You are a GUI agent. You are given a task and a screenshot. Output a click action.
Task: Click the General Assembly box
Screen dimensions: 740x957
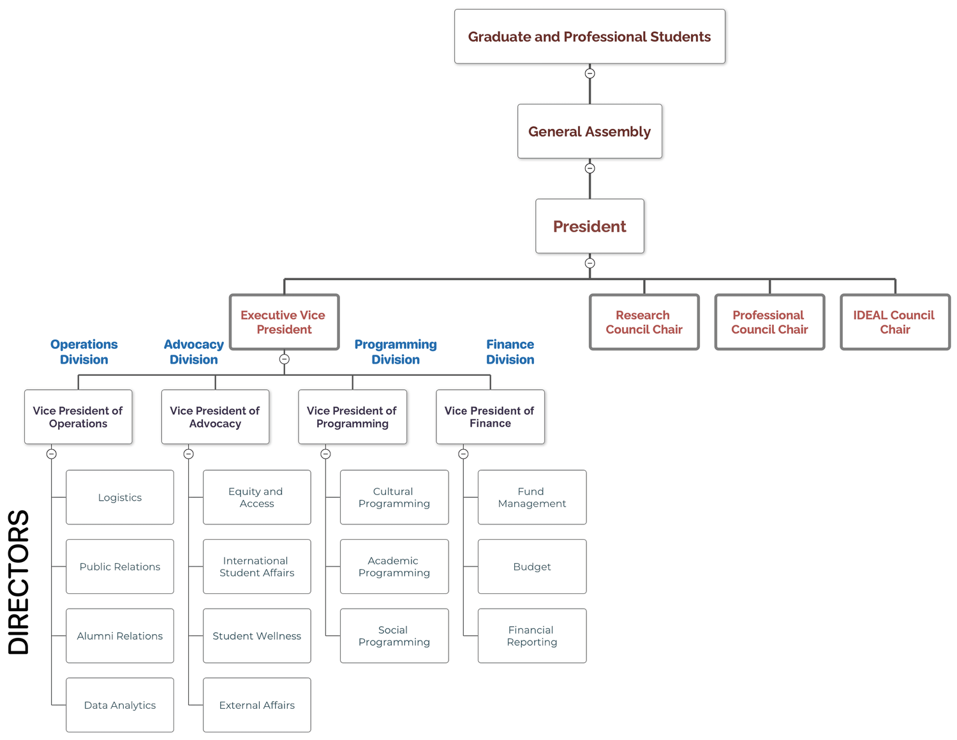(590, 131)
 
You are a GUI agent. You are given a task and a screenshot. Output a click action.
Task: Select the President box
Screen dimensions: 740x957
(590, 226)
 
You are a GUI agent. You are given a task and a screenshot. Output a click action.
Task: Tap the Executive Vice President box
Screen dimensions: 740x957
(284, 322)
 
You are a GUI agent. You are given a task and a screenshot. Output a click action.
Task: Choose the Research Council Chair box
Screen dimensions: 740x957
(644, 322)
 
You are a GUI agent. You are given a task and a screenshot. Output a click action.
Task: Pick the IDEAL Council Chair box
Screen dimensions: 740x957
(894, 322)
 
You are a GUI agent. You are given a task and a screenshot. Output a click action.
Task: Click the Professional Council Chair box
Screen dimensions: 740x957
(769, 322)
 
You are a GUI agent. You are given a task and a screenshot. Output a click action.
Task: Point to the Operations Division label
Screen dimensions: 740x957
(84, 352)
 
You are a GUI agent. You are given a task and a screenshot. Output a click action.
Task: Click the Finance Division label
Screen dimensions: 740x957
(510, 352)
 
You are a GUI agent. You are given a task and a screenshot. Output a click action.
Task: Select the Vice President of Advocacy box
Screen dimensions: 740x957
(215, 417)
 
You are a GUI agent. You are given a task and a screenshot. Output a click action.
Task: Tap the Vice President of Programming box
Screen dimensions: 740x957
(352, 417)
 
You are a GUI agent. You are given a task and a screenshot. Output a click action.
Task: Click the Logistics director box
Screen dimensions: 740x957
(120, 498)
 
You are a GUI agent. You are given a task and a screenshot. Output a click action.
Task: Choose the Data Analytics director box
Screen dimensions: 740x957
(120, 705)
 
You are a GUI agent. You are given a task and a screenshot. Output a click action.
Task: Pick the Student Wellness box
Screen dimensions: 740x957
(256, 636)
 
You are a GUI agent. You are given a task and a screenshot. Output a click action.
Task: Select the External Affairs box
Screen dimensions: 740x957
(256, 705)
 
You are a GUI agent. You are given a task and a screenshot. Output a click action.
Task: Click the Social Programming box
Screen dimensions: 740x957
(394, 636)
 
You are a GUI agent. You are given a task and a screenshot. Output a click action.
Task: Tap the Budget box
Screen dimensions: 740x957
(531, 566)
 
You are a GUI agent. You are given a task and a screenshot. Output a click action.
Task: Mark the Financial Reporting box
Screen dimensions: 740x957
(531, 636)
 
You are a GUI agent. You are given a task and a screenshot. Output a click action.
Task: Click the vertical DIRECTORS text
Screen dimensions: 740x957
(19, 582)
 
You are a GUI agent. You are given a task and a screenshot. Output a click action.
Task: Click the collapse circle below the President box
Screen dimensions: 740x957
(590, 263)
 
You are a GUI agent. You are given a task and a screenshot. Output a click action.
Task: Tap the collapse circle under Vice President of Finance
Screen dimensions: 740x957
(463, 454)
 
